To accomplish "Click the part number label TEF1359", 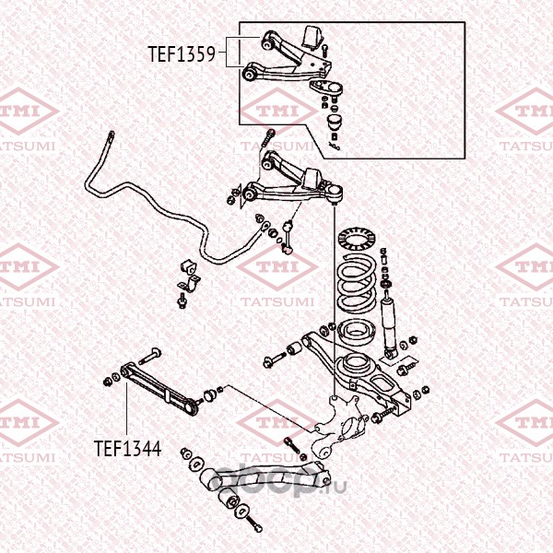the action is [x=182, y=54].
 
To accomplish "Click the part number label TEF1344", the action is [x=128, y=448].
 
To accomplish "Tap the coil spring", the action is [x=356, y=283].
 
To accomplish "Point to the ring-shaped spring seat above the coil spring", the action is [x=356, y=239].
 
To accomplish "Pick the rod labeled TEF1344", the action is [x=159, y=388].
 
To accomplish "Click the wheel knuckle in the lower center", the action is [x=338, y=427].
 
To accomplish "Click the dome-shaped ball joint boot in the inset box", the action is [x=335, y=122].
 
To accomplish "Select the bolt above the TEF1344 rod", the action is [x=150, y=356].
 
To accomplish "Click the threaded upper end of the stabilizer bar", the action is [x=111, y=136].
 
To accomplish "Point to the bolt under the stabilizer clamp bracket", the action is [x=182, y=300].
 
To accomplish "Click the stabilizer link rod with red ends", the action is [x=288, y=237].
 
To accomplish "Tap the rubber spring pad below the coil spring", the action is [x=356, y=333].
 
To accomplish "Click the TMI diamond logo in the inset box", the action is [x=278, y=111].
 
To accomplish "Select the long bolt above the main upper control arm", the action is [x=268, y=140].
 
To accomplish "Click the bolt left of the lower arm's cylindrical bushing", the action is [x=275, y=360].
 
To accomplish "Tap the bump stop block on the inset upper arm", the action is [x=313, y=38].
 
